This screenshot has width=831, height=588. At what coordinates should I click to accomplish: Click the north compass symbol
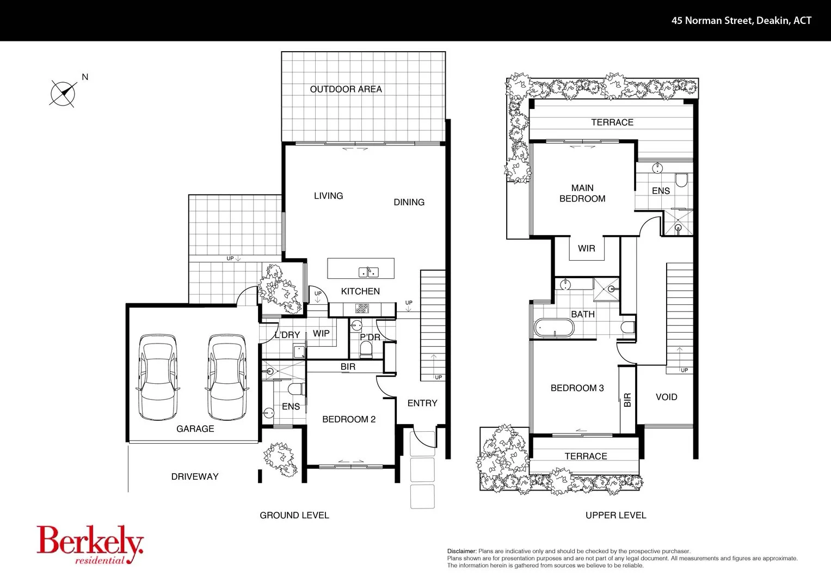pos(63,93)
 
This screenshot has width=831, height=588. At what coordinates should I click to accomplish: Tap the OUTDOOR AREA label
pos(346,89)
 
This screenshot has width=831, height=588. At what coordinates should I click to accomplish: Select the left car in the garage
pos(158,377)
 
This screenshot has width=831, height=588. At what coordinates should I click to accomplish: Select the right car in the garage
pos(227,377)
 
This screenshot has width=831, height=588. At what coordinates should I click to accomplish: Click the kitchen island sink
pos(368,272)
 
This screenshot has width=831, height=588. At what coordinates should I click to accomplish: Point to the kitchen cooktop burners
pos(362,309)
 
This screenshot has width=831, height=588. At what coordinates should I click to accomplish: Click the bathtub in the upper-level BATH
pos(554,328)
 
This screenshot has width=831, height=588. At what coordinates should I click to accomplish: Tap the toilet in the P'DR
pos(366,350)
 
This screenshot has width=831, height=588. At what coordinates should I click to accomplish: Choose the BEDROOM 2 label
pos(349,419)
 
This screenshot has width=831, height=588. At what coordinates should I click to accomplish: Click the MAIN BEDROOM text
pos(582,193)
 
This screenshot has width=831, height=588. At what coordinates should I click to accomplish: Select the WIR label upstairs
pos(586,248)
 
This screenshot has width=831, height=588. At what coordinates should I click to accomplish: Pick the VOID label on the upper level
pos(666,397)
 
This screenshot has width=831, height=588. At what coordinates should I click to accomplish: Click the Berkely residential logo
pos(90,544)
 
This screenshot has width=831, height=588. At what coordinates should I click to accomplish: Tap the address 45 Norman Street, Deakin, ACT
pos(741,21)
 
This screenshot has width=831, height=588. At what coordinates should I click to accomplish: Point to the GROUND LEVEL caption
pos(294,515)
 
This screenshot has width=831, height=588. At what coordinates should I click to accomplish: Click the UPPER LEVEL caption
pos(615,515)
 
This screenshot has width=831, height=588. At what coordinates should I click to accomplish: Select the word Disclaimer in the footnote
pos(461,551)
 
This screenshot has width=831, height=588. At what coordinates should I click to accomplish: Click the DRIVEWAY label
pos(195,476)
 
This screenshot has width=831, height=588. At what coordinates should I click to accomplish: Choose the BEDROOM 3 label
pos(577,388)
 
